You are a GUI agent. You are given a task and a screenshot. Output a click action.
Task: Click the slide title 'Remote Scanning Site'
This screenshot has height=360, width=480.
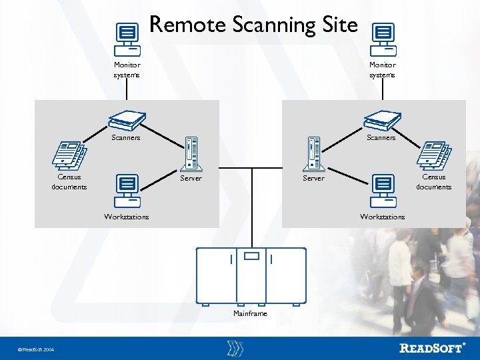tap(253, 25)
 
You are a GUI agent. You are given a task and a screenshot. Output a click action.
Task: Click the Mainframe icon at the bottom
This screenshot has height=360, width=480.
tap(251, 275)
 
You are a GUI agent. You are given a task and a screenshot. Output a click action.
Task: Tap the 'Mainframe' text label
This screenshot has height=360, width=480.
tap(250, 313)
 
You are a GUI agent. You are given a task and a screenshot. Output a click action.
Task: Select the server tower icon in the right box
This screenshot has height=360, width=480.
tap(314, 154)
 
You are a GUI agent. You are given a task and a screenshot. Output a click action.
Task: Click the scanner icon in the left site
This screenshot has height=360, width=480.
tap(127, 120)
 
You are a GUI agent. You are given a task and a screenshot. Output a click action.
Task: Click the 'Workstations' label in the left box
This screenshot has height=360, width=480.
tap(127, 217)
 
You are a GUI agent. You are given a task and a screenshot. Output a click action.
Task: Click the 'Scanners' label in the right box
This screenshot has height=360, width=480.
tap(381, 138)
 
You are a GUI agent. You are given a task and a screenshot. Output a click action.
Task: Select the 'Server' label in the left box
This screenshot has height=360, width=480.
tap(191, 178)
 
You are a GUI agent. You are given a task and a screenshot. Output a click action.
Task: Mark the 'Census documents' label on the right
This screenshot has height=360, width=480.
tap(433, 182)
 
